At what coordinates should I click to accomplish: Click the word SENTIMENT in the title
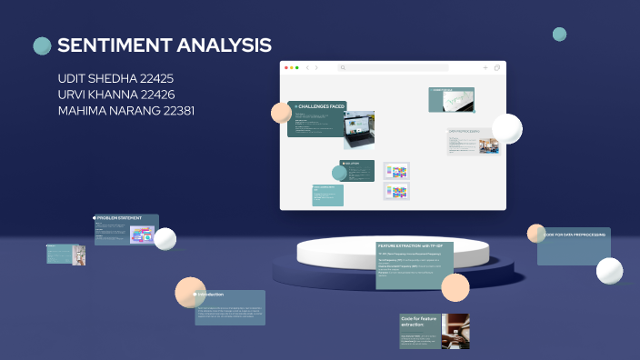click(x=115, y=45)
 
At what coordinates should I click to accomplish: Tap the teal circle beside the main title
click(x=42, y=45)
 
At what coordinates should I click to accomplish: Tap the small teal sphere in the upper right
click(x=559, y=35)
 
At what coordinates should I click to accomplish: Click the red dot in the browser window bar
click(x=287, y=67)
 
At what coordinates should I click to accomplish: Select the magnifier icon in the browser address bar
click(x=343, y=67)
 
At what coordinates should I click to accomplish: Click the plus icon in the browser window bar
click(x=485, y=67)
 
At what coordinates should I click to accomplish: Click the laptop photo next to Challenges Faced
click(x=359, y=129)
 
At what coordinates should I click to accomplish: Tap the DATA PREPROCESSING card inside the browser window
click(x=473, y=141)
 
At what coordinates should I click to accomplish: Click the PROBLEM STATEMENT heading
click(x=120, y=218)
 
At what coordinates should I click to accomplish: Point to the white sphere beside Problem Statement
click(x=165, y=239)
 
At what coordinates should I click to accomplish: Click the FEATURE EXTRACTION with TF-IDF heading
click(x=410, y=246)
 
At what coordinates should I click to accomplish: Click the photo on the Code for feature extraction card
click(x=455, y=331)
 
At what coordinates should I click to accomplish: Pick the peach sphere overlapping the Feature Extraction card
click(x=455, y=287)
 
